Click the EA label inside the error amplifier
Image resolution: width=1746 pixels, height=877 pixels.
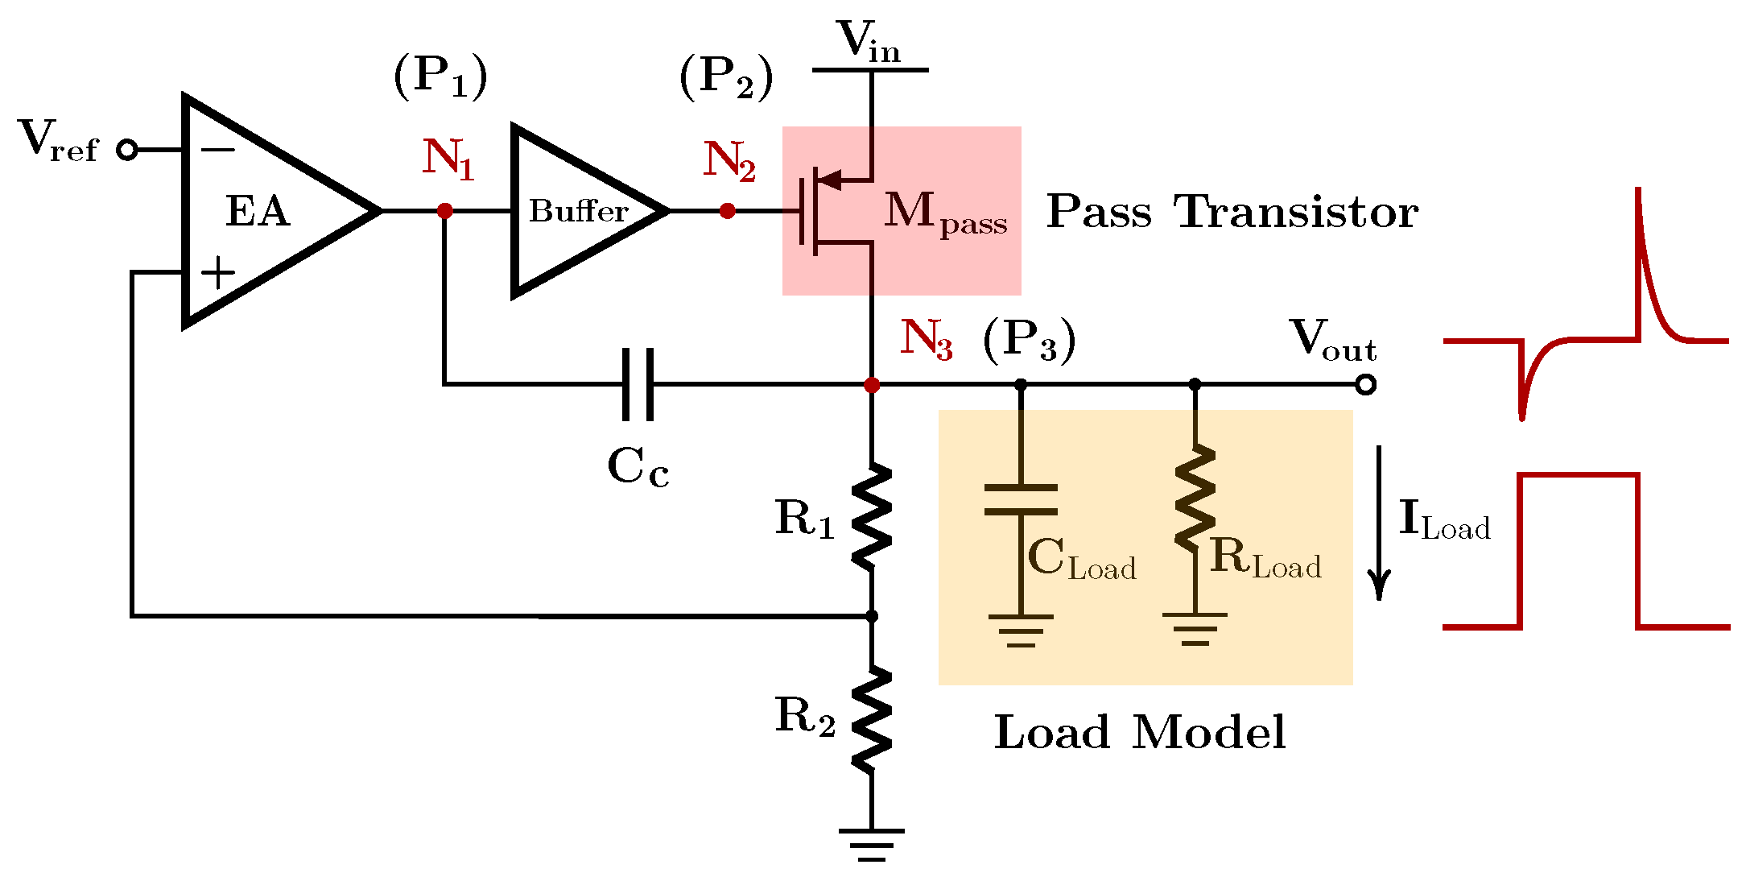point(258,212)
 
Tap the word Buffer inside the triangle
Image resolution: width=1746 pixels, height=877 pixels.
point(578,211)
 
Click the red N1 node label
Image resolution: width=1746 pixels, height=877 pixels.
point(448,158)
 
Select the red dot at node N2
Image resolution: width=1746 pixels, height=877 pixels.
point(727,211)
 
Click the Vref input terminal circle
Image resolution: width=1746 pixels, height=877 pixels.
point(127,150)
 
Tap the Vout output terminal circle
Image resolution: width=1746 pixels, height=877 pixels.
point(1365,385)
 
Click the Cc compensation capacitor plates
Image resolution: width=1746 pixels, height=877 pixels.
point(638,385)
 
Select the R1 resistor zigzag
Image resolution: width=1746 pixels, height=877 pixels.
point(872,515)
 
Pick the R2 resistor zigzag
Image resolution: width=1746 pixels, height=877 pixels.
point(872,719)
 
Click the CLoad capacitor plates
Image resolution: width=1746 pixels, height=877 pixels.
point(1021,499)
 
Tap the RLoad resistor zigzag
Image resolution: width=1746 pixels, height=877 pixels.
point(1195,499)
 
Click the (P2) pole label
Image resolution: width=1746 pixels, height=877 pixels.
point(726,78)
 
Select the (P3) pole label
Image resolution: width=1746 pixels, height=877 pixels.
point(1029,340)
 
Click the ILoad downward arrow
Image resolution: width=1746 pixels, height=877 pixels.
point(1380,523)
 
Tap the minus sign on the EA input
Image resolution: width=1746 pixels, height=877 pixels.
point(217,150)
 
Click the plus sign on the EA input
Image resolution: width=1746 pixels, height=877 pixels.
point(217,273)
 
